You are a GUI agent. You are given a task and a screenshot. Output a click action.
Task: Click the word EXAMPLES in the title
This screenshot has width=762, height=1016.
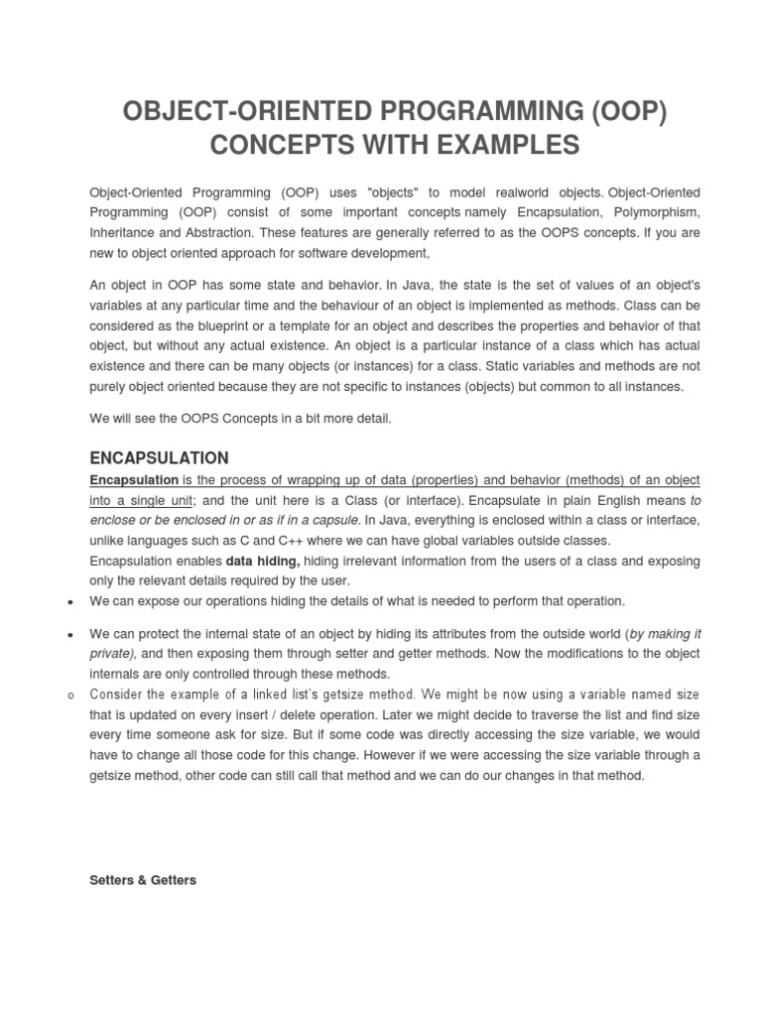tap(504, 145)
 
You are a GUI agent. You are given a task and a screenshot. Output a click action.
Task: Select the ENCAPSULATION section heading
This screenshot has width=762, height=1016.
tap(159, 457)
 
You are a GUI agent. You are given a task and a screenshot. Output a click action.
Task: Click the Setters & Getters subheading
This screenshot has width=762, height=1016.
tap(143, 880)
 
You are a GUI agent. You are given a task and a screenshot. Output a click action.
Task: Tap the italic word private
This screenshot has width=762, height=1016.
tap(109, 654)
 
